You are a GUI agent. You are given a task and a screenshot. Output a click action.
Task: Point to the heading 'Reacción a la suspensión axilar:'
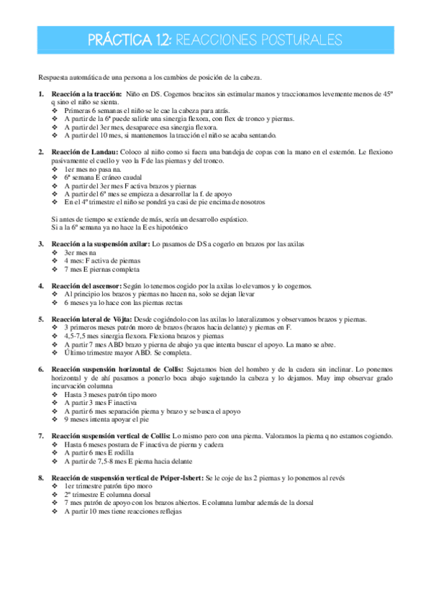click(x=100, y=245)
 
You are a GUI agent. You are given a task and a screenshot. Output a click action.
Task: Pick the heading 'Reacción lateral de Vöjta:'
click(x=91, y=319)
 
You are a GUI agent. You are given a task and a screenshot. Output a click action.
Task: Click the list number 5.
click(x=41, y=319)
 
